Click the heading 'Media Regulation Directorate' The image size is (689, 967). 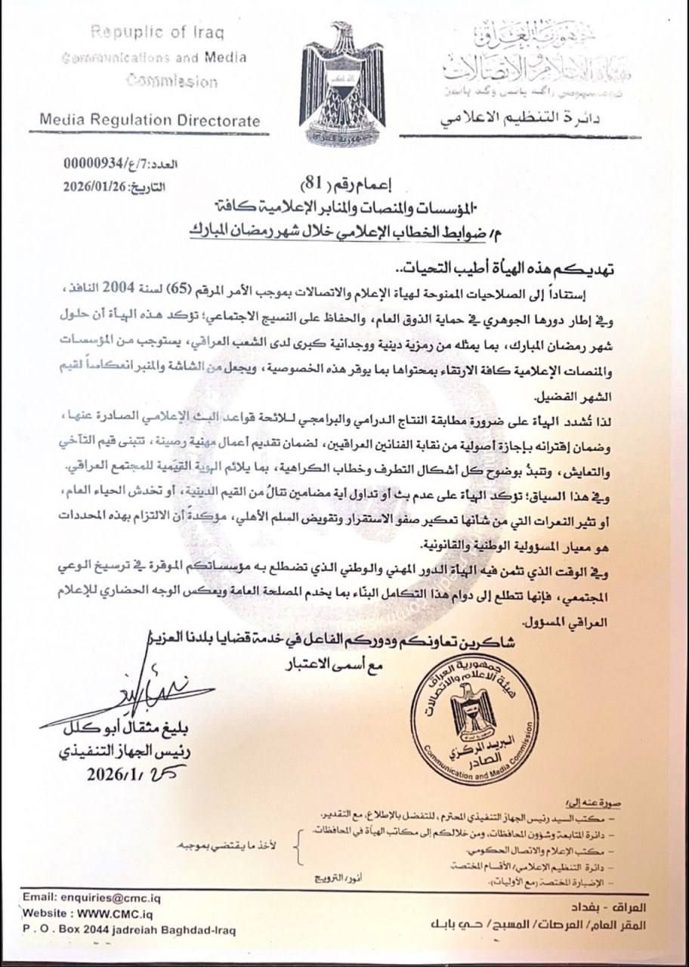150,120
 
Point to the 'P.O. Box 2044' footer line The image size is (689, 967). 128,929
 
